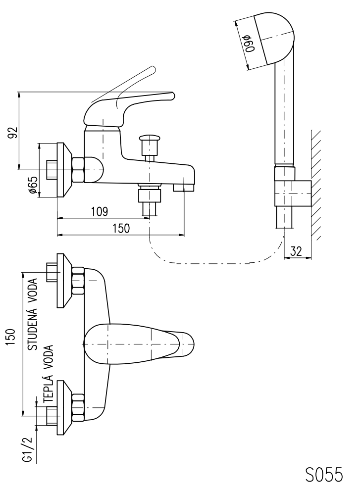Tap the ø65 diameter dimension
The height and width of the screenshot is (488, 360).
coord(33,185)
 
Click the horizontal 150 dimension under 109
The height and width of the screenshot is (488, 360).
coord(121,228)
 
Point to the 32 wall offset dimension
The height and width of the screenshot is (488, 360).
coord(296,251)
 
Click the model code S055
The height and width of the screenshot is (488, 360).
coord(323,474)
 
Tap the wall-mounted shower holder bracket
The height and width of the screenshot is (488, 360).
coord(292,193)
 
